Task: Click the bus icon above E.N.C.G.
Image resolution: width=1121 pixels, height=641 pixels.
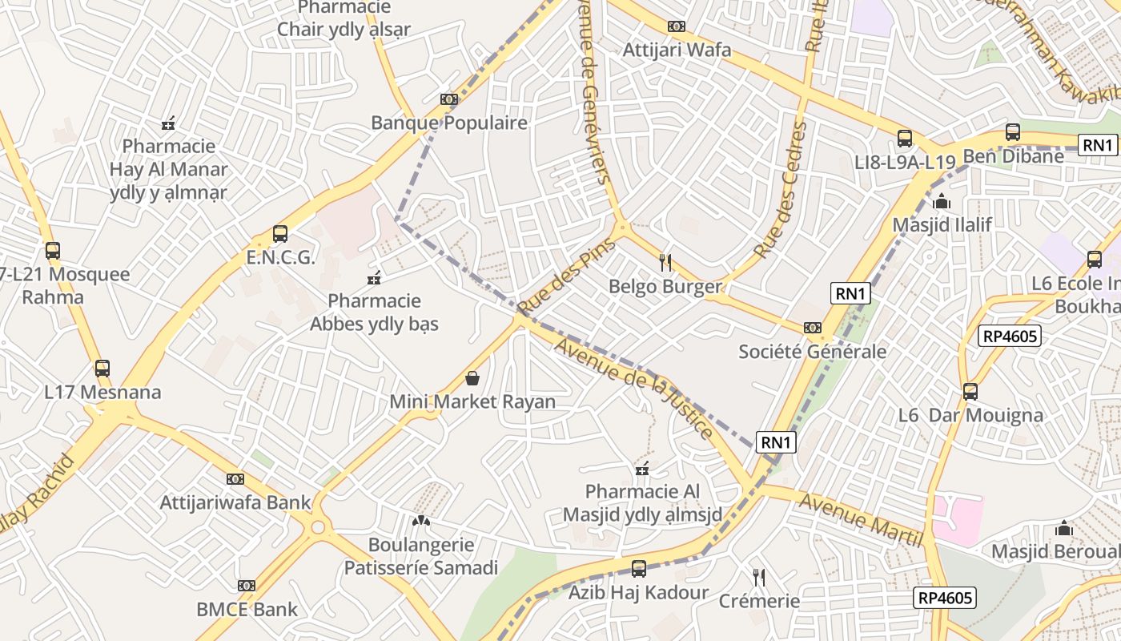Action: pos(280,234)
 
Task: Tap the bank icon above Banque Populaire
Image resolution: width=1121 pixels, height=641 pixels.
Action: pos(449,99)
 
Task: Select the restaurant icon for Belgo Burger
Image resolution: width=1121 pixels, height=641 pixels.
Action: pos(665,262)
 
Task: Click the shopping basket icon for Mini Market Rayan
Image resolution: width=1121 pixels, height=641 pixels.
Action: pos(472,377)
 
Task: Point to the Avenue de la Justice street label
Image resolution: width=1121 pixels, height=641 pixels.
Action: pos(633,388)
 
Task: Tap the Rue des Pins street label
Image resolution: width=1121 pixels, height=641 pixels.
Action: pos(565,276)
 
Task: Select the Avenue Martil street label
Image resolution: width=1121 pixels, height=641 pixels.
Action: pos(860,520)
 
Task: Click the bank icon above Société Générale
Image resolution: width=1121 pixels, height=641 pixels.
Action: pos(812,328)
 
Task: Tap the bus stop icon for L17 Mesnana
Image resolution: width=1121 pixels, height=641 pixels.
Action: pos(102,369)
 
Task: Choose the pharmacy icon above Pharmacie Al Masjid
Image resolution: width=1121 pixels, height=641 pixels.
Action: pos(641,468)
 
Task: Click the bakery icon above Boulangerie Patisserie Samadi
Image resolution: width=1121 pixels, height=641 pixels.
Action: pos(420,521)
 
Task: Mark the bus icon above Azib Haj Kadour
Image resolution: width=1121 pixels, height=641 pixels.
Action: pos(638,569)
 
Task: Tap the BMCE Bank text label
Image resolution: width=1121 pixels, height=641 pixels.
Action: pos(247,609)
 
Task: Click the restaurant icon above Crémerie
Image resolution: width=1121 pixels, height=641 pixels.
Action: pos(759,577)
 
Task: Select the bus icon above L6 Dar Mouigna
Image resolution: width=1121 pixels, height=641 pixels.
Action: pos(970,392)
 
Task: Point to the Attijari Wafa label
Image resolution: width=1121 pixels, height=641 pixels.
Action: pos(677,50)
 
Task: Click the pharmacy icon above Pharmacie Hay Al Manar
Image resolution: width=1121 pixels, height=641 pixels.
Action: pos(168,123)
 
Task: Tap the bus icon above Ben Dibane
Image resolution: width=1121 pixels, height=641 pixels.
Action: pos(1013,132)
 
